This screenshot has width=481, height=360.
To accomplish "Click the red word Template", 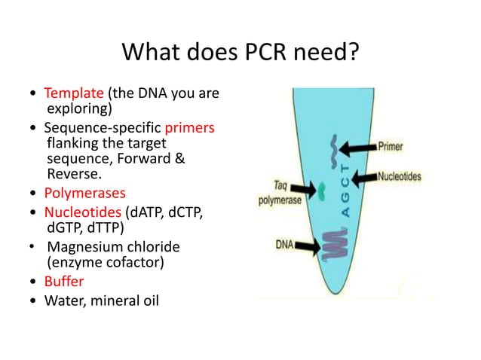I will (74, 94).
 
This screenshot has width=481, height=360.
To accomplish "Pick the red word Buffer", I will (64, 281).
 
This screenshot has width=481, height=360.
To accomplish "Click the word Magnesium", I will (84, 247).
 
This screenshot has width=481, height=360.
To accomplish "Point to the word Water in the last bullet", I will (63, 304).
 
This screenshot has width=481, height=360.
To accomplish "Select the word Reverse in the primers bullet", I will (69, 173).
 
